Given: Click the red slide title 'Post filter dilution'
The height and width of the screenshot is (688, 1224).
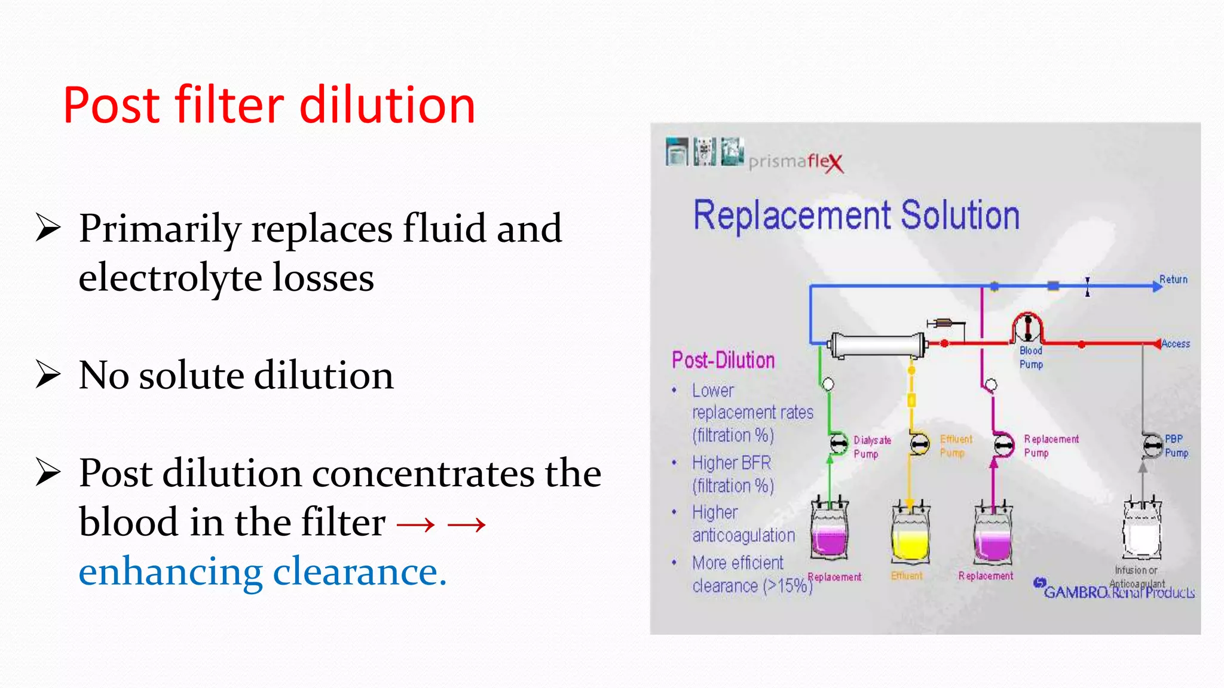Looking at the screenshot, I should [269, 105].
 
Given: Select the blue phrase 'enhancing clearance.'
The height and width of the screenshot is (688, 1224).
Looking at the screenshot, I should [262, 572].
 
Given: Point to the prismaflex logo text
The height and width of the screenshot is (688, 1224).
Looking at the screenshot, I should [795, 161].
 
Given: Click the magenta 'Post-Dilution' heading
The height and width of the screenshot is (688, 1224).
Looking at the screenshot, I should [723, 360].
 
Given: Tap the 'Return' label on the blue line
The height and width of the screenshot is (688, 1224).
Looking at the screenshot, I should [1173, 279].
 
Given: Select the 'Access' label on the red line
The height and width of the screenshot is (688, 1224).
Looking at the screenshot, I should [1176, 343].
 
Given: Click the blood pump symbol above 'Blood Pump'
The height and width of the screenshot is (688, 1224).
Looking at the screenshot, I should [1027, 327].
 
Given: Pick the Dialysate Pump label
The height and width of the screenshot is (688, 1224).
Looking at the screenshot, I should [871, 447].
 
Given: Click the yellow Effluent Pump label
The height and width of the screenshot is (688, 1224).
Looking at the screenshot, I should [956, 446].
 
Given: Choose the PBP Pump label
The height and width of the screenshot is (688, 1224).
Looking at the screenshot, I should [1176, 446].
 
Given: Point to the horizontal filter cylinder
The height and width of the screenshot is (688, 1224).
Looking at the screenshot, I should [877, 345].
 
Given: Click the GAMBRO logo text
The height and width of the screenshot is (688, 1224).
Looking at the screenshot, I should [1076, 592].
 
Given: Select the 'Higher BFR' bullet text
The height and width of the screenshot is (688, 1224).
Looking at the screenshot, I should [732, 463].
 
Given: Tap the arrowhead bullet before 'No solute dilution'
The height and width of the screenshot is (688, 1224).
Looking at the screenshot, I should [48, 374].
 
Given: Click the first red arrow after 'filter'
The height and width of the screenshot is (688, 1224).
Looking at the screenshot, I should [416, 524].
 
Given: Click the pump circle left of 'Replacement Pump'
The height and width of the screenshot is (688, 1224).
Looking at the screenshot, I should [1003, 446].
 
